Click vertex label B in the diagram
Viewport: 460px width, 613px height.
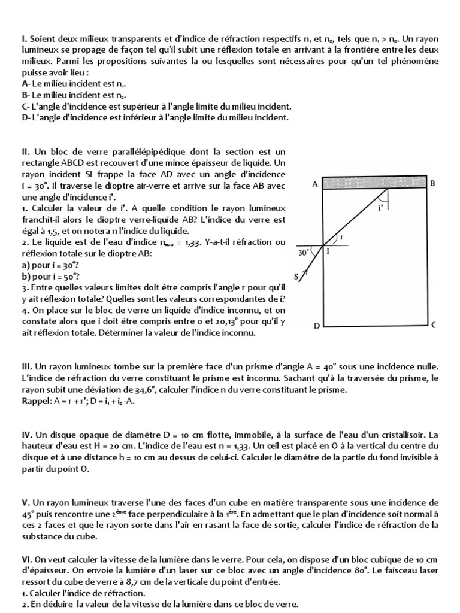[x=432, y=184]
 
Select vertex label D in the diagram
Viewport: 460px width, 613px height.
[x=316, y=326]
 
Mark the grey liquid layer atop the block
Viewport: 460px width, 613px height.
[x=374, y=183]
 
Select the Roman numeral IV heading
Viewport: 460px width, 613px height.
[x=27, y=435]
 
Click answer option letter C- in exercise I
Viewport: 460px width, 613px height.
[x=26, y=105]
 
